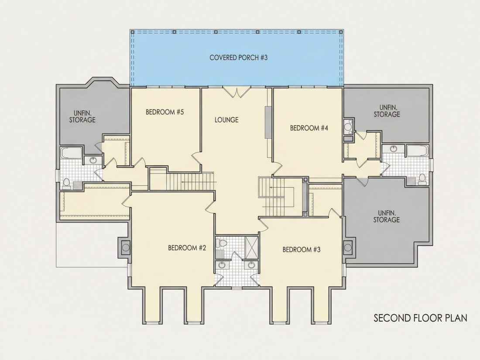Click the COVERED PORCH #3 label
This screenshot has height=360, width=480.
click(x=238, y=58)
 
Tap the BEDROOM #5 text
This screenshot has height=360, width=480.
click(x=165, y=112)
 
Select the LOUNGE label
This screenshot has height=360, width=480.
click(x=226, y=120)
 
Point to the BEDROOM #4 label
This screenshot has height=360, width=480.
click(x=309, y=128)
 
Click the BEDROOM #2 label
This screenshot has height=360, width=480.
click(x=187, y=248)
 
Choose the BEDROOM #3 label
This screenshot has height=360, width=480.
click(x=302, y=250)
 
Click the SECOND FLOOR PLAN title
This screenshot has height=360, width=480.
click(x=420, y=318)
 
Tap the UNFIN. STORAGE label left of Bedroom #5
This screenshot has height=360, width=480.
click(x=82, y=117)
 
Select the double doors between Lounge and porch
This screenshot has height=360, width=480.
click(x=236, y=92)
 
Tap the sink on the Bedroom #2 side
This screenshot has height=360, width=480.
click(x=221, y=265)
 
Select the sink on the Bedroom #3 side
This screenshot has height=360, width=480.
click(x=251, y=265)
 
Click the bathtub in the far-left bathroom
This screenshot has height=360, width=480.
click(x=71, y=153)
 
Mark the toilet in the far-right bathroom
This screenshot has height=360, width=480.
click(x=422, y=178)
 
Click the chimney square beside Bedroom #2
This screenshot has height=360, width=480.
click(x=126, y=247)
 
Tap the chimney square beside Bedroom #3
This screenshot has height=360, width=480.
click(x=348, y=247)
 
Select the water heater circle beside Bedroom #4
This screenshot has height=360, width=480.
click(x=348, y=125)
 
